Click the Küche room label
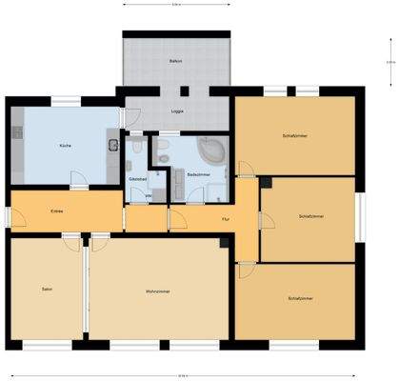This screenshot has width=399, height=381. click(65, 146)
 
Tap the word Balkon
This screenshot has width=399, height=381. click(176, 61)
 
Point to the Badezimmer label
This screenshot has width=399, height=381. click(198, 175)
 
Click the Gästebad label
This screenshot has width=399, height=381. click(137, 178)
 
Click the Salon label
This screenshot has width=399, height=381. click(46, 289)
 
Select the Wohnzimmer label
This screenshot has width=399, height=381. click(158, 290)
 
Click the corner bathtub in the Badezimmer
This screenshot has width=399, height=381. click(211, 150)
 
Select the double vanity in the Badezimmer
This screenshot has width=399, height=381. click(161, 150)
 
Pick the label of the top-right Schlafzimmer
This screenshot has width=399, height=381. click(295, 135)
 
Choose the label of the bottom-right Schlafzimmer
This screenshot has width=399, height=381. click(300, 298)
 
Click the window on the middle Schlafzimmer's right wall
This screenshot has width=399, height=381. click(361, 217)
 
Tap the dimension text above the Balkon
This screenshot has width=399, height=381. click(176, 5)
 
